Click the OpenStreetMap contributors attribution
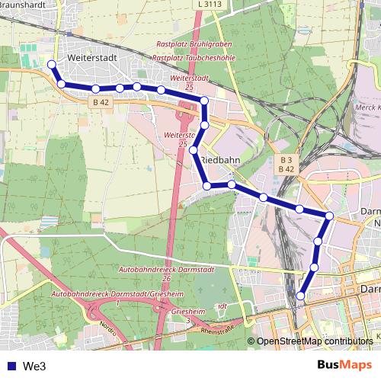coord(315,342)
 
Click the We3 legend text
coord(34,367)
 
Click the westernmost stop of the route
coord(51,66)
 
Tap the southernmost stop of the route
coord(301,296)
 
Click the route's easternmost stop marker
coord(329,216)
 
